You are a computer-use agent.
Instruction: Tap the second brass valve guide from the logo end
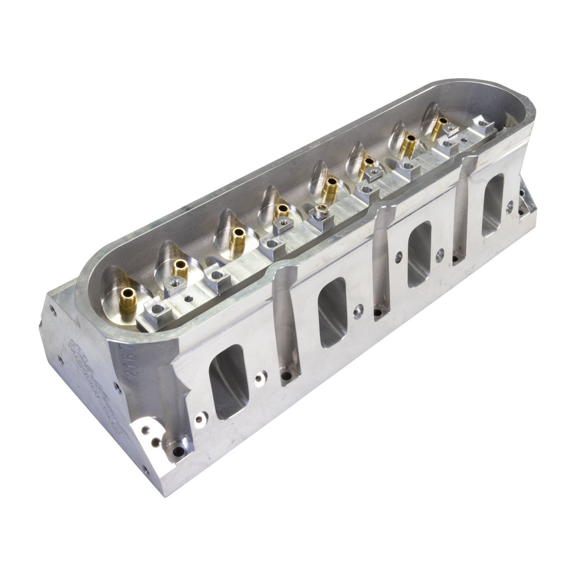181,269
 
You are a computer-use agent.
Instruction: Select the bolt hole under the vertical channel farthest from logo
458,258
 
